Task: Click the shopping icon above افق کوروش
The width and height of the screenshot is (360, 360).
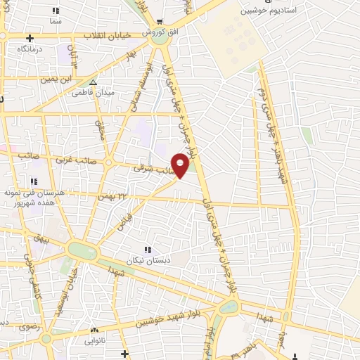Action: tap(160, 21)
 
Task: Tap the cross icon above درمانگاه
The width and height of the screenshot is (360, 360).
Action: tap(30, 38)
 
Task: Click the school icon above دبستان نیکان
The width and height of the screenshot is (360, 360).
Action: tap(148, 250)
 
